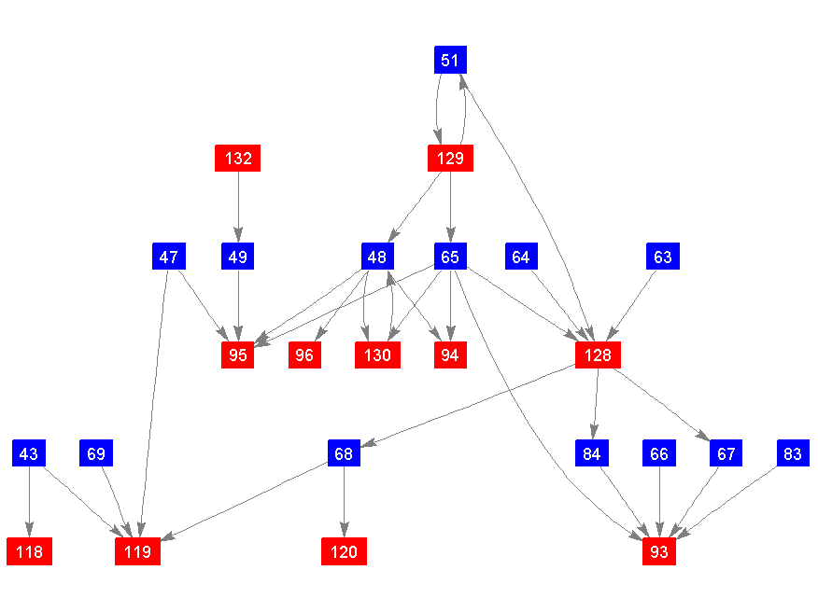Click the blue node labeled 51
(x=450, y=60)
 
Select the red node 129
(x=450, y=159)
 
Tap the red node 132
(x=238, y=159)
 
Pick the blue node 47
(x=169, y=257)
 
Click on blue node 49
(x=238, y=257)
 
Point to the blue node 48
(x=377, y=257)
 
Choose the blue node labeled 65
(x=450, y=257)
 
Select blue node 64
(x=521, y=257)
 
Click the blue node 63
(x=662, y=257)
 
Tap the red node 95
(x=238, y=355)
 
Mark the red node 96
(x=304, y=355)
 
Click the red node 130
(x=377, y=355)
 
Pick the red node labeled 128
(x=599, y=355)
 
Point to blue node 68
(x=344, y=454)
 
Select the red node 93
(x=659, y=552)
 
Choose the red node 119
(x=137, y=552)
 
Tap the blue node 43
(x=29, y=454)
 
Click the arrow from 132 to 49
(x=238, y=207)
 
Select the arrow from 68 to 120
(x=344, y=503)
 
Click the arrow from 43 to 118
(x=29, y=503)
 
